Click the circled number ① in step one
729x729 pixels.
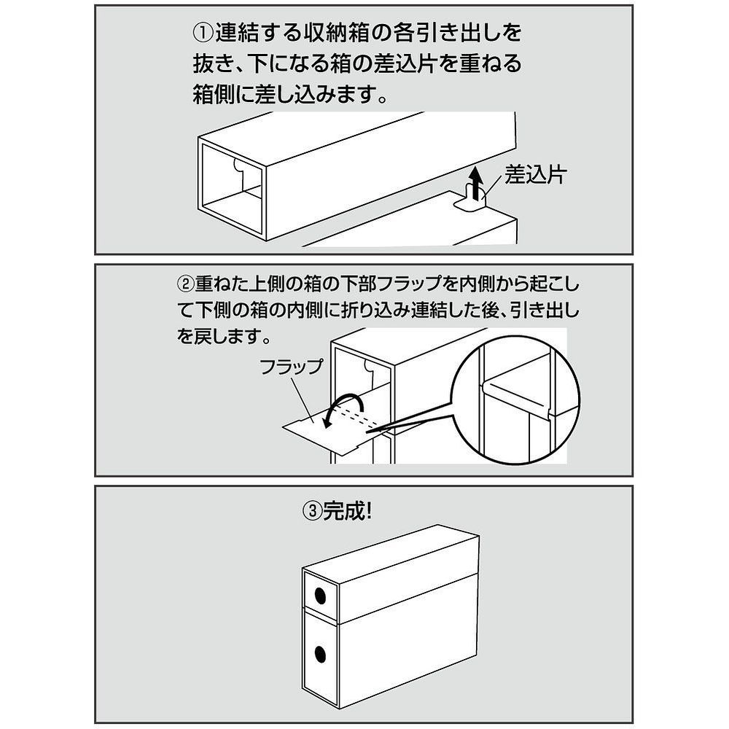pos(203,33)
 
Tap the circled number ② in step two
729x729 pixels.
pos(186,284)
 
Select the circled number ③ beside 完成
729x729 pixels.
pos(313,512)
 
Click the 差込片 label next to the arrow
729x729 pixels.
pos(536,176)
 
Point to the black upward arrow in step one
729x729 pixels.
pos(475,183)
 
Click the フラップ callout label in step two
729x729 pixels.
pos(291,367)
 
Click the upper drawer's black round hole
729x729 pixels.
pos(320,595)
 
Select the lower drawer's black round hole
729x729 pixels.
pos(320,655)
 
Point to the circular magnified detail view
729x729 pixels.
pos(515,400)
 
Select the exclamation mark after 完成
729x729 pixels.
pos(368,512)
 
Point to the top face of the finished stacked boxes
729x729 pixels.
pos(391,554)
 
